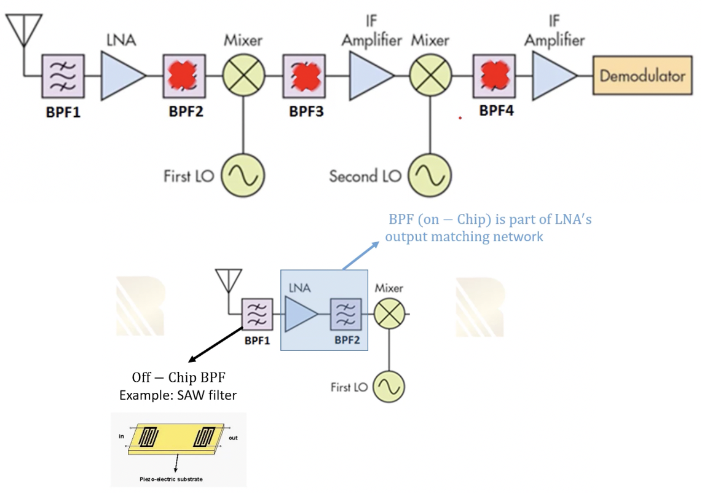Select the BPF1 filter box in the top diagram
tap(62, 76)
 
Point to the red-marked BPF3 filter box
tap(304, 76)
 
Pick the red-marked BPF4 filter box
tap(494, 76)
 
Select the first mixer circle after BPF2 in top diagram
tap(243, 76)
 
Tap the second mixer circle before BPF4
tap(430, 76)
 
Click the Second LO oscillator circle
tap(430, 176)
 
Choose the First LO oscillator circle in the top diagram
tap(243, 176)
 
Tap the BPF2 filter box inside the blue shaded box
tap(347, 314)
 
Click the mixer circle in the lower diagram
tap(388, 314)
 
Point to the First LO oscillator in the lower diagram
tap(388, 387)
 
